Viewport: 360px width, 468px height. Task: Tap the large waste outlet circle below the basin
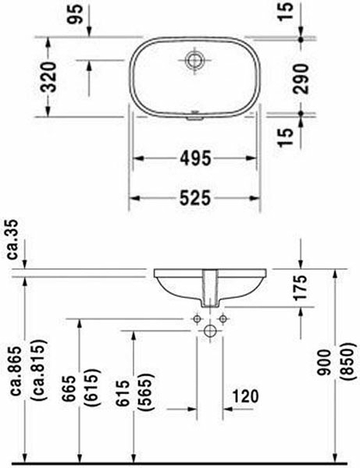pyautogui.click(x=210, y=331)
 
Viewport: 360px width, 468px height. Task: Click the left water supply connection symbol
pyautogui.click(x=197, y=318)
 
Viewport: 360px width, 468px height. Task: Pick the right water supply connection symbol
pyautogui.click(x=223, y=318)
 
